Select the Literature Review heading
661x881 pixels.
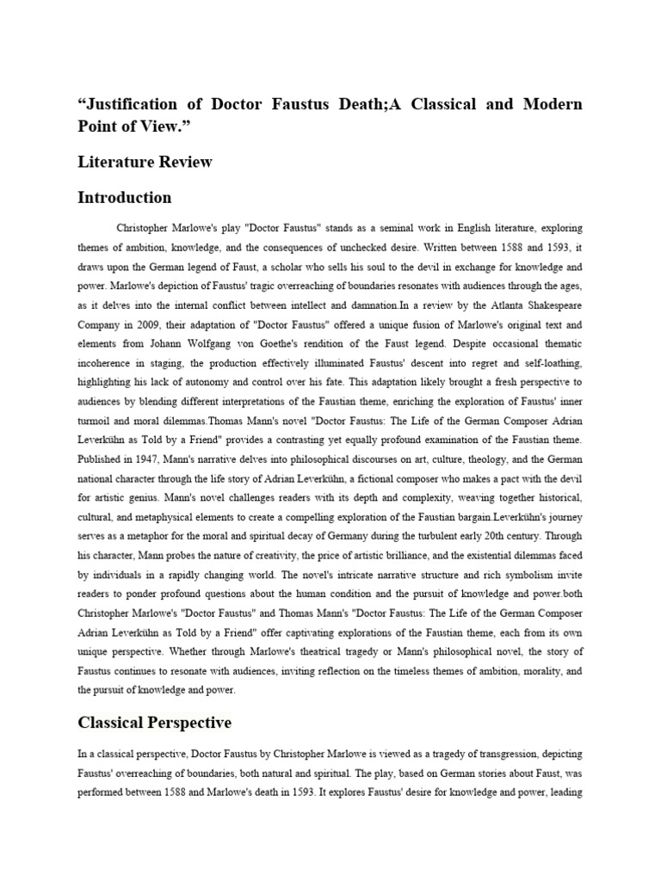pos(145,162)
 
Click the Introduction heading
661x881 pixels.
pos(125,198)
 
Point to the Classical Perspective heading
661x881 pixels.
pos(154,723)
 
